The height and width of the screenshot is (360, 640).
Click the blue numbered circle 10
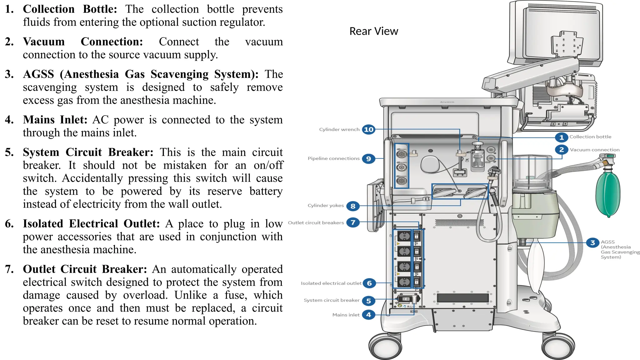(368, 129)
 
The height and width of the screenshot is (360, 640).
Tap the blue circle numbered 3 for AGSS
(592, 243)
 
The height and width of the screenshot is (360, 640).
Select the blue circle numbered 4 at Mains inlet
(368, 315)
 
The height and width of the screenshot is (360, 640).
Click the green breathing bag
(608, 194)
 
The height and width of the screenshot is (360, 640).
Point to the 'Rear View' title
(373, 31)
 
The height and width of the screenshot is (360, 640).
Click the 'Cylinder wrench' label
(339, 129)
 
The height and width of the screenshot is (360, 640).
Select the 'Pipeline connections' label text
(333, 158)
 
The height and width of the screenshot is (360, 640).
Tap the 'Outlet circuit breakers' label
(316, 223)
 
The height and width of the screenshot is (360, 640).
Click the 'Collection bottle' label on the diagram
(590, 137)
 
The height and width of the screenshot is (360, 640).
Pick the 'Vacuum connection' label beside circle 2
(594, 150)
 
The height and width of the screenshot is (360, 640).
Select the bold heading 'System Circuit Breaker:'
(88, 152)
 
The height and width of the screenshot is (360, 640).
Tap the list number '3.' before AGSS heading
(9, 74)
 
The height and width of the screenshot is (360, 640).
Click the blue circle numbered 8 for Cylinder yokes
(353, 206)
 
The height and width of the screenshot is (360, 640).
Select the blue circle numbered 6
(369, 283)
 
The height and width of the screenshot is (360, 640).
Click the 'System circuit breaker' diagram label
(331, 300)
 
